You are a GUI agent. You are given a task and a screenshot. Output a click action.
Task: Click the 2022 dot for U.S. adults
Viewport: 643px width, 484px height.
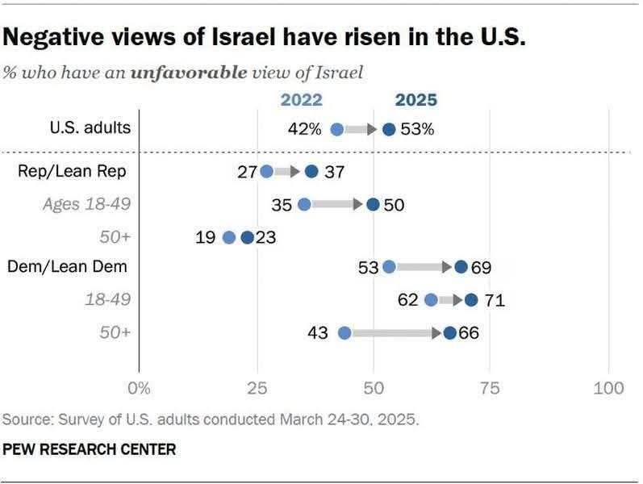(337, 129)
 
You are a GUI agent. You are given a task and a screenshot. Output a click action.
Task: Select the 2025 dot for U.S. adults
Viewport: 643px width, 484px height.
(389, 129)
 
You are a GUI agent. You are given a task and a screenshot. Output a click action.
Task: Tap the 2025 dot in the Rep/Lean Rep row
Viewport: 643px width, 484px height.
(312, 171)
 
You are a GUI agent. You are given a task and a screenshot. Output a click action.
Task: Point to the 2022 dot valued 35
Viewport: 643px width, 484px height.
(304, 205)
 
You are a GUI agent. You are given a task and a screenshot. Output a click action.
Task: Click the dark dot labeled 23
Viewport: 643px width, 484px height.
(247, 237)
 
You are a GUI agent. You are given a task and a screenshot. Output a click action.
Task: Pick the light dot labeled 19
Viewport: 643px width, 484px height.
(228, 237)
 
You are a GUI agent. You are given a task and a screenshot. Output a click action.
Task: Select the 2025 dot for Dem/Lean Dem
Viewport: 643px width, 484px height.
(461, 267)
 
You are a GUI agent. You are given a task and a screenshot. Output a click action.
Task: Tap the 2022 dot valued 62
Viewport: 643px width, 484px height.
(431, 300)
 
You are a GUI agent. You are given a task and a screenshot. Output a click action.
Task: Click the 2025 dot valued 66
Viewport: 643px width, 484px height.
(449, 332)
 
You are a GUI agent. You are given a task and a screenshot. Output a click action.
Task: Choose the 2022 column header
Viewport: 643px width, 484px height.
(301, 101)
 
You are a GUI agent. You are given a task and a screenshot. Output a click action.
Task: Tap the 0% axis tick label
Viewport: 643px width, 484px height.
(140, 389)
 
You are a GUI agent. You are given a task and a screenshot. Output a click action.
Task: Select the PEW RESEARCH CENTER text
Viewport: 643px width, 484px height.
(90, 448)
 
